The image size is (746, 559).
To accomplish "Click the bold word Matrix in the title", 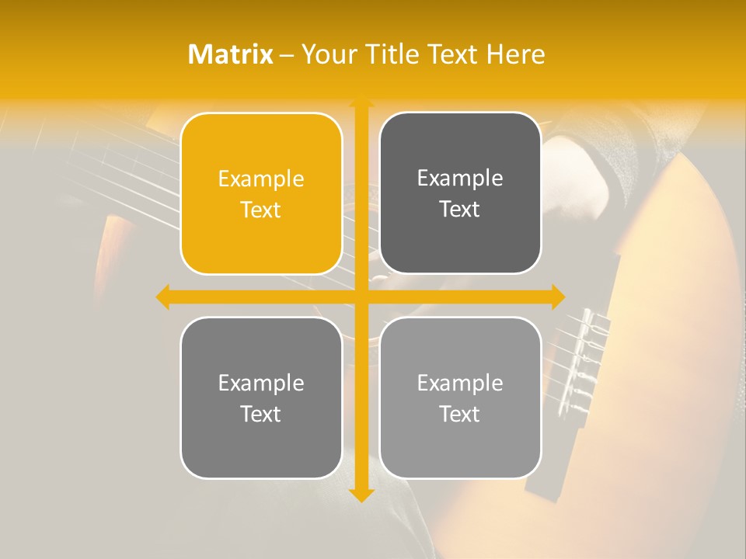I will pos(231,54).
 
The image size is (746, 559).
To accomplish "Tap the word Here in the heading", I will pos(515,54).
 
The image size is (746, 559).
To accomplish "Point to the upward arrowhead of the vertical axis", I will pos(361,103).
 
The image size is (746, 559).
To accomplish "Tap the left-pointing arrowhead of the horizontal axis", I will pos(163,297).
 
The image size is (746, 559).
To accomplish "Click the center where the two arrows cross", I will pos(361,297).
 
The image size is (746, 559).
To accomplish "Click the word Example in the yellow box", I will pos(261,179).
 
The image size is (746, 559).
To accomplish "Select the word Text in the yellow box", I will pos(261,210).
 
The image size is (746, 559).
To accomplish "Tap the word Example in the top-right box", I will pos(460,179).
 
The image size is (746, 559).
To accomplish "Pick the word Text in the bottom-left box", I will pos(261,414).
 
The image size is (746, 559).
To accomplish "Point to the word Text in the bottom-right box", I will pos(460,414).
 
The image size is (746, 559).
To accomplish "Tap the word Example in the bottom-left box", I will pos(261,384).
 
